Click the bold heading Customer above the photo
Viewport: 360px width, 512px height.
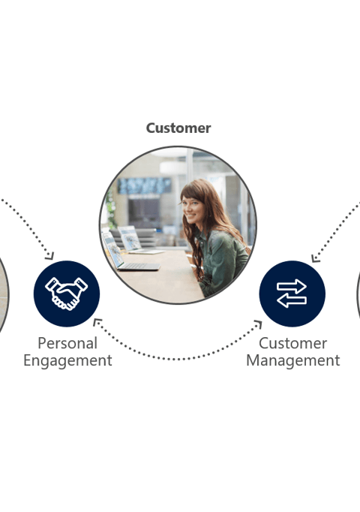(178, 128)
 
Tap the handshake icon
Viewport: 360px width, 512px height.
(67, 294)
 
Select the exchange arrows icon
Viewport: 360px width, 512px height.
(292, 294)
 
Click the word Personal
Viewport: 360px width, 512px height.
(67, 343)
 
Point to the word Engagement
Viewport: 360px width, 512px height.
(67, 361)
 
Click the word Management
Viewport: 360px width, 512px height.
(292, 360)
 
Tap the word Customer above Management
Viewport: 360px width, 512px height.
(292, 343)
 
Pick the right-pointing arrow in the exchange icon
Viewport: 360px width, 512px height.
(292, 286)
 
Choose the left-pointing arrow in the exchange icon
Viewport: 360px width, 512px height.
(292, 301)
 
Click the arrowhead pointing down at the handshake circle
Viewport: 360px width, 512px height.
(50, 256)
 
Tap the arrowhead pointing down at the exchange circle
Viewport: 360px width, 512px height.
(315, 258)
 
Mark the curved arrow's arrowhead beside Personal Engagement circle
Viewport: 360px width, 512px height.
(97, 322)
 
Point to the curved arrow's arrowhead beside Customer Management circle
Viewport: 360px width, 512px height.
(258, 324)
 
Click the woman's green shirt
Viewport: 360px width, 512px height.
(222, 258)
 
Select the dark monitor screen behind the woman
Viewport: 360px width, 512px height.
(143, 212)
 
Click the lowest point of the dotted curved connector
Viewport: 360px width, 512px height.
(178, 360)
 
